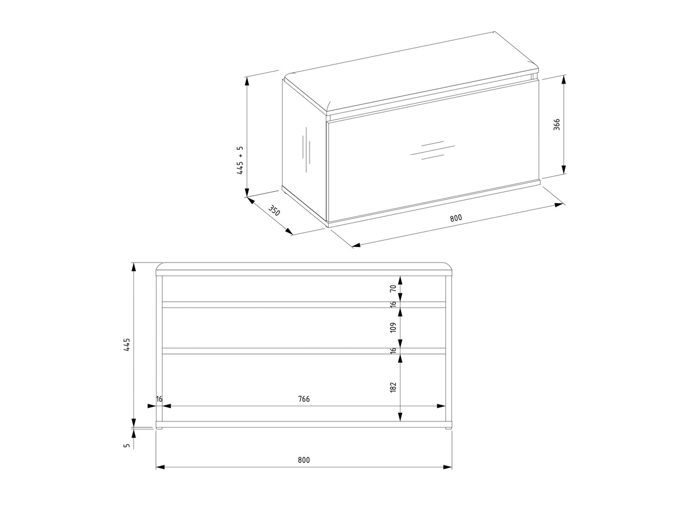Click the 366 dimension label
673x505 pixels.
point(556,124)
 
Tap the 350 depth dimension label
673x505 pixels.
point(274,210)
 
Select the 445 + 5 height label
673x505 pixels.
point(240,160)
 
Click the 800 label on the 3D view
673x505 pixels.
point(455,218)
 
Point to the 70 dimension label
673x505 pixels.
point(393,288)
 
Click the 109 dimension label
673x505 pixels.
point(393,327)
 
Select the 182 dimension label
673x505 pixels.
point(393,387)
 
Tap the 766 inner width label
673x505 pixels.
point(304,399)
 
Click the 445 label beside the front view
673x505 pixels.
point(127,345)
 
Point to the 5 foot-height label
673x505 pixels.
point(127,445)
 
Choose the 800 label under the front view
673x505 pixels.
point(304,460)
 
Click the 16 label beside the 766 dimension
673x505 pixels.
point(159,399)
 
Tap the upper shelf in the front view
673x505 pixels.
point(303,305)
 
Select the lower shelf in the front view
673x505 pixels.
point(303,351)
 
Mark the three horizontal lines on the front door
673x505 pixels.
point(432,150)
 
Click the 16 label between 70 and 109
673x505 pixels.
point(393,304)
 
